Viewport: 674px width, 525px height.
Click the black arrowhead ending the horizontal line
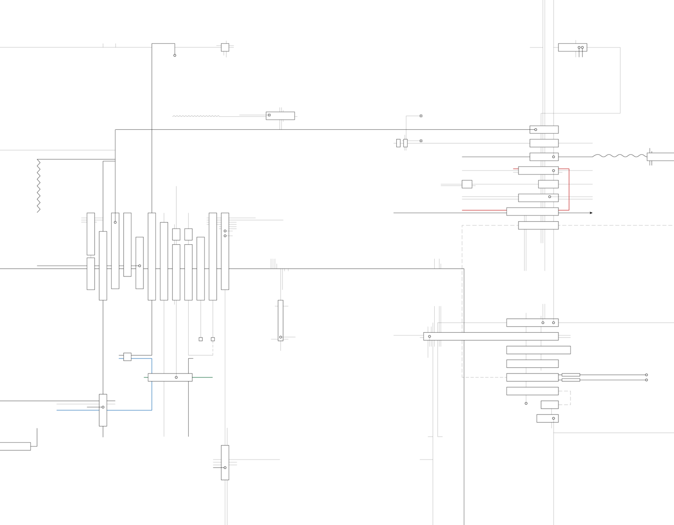(x=591, y=213)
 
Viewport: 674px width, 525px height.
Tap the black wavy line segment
(x=619, y=156)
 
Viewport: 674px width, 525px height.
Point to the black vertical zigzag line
(x=39, y=186)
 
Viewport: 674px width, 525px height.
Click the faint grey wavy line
(x=195, y=116)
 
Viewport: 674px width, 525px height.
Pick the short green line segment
(x=202, y=377)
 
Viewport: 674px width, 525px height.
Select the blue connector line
(x=152, y=385)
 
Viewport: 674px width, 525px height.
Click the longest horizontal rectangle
(x=491, y=337)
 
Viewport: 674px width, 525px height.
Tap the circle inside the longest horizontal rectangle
(x=429, y=337)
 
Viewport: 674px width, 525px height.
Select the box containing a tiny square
(x=280, y=116)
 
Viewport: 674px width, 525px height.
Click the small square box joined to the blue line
(x=127, y=357)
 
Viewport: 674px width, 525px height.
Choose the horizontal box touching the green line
(x=170, y=377)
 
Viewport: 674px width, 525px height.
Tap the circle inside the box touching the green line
(x=176, y=377)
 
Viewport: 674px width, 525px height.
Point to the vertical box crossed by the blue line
(x=103, y=410)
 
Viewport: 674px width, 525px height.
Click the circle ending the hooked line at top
(x=175, y=55)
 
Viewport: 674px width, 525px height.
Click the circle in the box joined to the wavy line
(x=553, y=157)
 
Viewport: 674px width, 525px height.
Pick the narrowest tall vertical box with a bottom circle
(x=281, y=320)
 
